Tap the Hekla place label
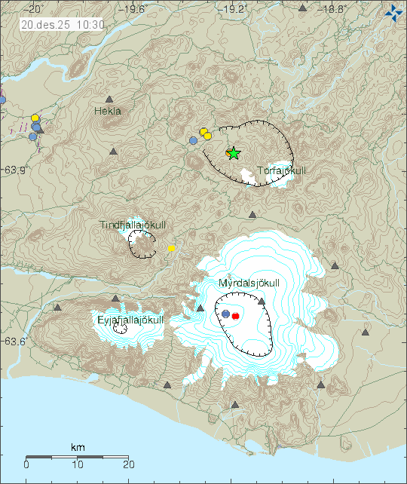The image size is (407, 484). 108,111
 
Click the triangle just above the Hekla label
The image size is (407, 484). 109,99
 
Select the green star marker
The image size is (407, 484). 234,153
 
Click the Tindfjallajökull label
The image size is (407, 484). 133,225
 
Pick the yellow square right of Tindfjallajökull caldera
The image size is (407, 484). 172,248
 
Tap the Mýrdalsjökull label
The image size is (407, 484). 249,283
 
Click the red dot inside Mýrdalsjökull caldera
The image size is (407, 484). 235,316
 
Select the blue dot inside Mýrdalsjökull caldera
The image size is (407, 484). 225,314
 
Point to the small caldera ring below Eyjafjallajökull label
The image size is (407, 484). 120,329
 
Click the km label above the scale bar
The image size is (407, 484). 78,448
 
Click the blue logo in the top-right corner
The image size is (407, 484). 393,12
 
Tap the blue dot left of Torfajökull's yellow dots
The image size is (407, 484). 194,140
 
